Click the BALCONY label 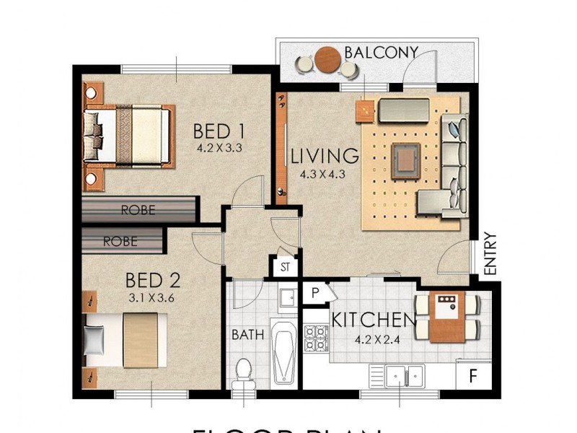pyautogui.click(x=381, y=53)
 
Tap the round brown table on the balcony pyautogui.click(x=327, y=59)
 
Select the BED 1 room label pyautogui.click(x=219, y=131)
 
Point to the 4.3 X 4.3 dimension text pyautogui.click(x=325, y=174)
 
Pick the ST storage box pyautogui.click(x=285, y=266)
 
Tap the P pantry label pyautogui.click(x=315, y=292)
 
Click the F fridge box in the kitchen pyautogui.click(x=474, y=375)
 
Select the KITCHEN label pyautogui.click(x=373, y=320)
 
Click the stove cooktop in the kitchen pyautogui.click(x=317, y=336)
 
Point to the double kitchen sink pyautogui.click(x=396, y=375)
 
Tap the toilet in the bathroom pyautogui.click(x=244, y=372)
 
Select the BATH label pyautogui.click(x=247, y=335)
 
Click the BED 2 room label pyautogui.click(x=152, y=280)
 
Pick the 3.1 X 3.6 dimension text pyautogui.click(x=152, y=296)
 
